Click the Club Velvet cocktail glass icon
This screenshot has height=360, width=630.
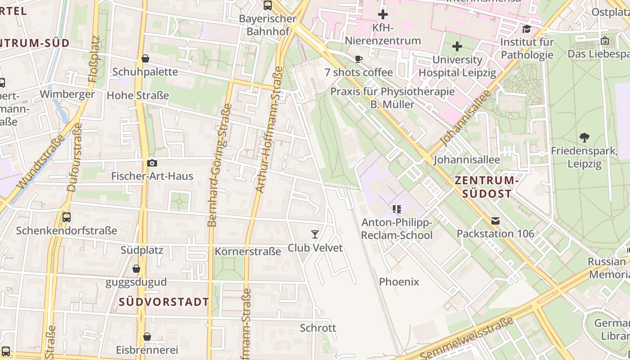315,234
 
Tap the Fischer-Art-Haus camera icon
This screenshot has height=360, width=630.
152,163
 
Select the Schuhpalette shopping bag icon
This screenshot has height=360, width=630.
145,58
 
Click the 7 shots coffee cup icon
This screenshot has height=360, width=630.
359,59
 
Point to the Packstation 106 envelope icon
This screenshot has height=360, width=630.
495,220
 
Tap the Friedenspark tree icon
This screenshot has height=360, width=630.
585,137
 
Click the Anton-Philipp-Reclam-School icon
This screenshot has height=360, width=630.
396,209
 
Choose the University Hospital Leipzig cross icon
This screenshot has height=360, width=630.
457,46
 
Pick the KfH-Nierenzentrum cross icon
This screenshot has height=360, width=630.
383,14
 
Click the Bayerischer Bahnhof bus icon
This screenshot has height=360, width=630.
268,5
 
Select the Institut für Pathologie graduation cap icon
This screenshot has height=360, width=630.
526,29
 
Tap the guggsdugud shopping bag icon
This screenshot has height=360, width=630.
136,269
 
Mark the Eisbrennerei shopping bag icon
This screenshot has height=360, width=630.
147,337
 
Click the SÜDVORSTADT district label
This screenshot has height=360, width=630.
164,302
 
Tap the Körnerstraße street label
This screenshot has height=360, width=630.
248,251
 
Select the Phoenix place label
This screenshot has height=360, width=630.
399,282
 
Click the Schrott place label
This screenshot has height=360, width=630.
318,328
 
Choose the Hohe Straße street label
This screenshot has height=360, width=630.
138,95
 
